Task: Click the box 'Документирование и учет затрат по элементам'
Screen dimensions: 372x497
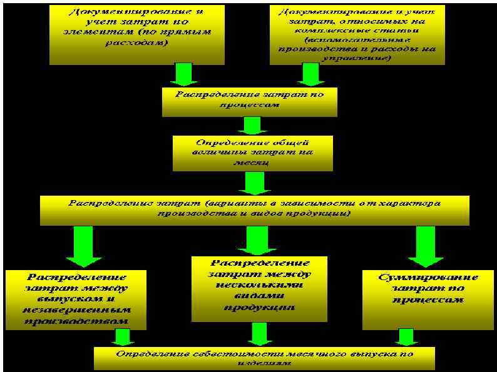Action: point(136,34)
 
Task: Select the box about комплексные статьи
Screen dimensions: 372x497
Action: point(357,34)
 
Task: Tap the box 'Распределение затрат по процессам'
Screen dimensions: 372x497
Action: point(249,101)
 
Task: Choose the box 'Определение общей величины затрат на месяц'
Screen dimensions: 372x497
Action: point(252,153)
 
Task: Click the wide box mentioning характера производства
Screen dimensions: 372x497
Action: point(254,210)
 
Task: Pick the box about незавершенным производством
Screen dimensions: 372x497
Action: point(76,299)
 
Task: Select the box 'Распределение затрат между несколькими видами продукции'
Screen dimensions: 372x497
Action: point(259,288)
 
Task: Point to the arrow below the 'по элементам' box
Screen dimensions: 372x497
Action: point(185,74)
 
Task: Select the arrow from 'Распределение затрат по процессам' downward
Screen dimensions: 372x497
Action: point(252,126)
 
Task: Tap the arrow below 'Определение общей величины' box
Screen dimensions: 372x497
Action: point(254,183)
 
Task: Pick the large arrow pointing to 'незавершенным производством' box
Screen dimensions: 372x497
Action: point(83,246)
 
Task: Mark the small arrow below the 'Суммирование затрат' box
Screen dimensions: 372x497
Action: point(407,337)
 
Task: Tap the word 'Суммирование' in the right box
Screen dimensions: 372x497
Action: point(428,278)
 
